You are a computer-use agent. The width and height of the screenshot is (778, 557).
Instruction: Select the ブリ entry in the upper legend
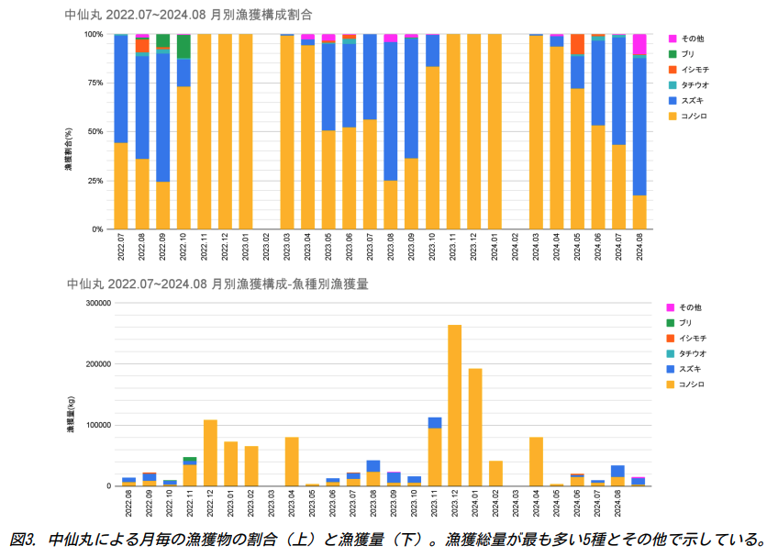pyautogui.click(x=688, y=54)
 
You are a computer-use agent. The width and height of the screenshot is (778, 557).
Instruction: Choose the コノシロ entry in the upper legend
pyautogui.click(x=694, y=116)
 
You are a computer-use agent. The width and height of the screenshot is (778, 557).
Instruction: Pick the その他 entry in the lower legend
pyautogui.click(x=690, y=306)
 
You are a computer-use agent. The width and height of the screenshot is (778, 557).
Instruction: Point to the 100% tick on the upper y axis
pyautogui.click(x=93, y=34)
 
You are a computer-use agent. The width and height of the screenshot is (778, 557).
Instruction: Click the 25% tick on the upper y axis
pyautogui.click(x=94, y=181)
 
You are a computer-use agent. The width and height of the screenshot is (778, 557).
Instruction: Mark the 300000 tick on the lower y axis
pyautogui.click(x=96, y=303)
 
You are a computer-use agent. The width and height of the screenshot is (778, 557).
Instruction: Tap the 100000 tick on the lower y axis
pyautogui.click(x=96, y=425)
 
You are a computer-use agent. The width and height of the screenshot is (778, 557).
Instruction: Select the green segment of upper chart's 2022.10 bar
pyautogui.click(x=183, y=47)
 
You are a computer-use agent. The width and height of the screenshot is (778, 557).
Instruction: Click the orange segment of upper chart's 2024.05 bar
pyautogui.click(x=577, y=44)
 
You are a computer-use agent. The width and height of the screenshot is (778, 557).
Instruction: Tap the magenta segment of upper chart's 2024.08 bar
pyautogui.click(x=639, y=44)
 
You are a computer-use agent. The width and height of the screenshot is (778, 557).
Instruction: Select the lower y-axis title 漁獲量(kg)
pyautogui.click(x=69, y=414)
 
